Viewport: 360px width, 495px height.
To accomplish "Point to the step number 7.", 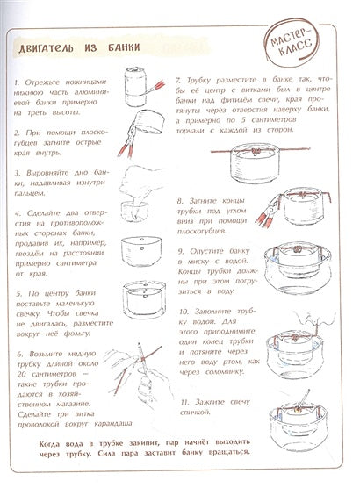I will pyautogui.click(x=178, y=78).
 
